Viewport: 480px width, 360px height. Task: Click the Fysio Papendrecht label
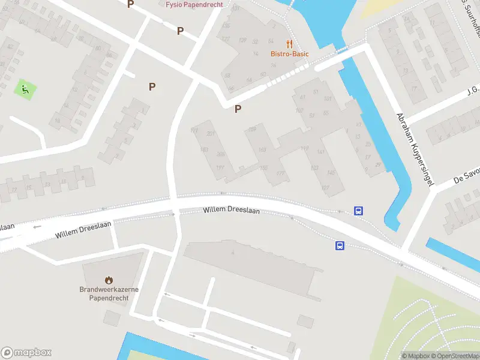click(194, 4)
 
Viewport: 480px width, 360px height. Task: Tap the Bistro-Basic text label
click(289, 54)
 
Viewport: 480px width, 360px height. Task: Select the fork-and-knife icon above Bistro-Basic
click(289, 44)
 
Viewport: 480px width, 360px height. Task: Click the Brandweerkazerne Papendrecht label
click(109, 293)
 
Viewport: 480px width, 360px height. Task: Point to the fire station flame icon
click(109, 280)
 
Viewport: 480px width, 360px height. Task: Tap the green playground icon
click(25, 90)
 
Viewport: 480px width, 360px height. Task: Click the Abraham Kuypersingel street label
click(415, 150)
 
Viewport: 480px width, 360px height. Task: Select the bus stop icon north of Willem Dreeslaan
click(358, 211)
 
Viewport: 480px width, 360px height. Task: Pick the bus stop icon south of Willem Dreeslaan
click(340, 245)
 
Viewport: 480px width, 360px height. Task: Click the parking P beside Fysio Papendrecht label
click(130, 4)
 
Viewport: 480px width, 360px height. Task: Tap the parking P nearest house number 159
click(238, 109)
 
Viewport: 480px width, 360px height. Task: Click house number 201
click(210, 133)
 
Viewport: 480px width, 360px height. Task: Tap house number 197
click(220, 167)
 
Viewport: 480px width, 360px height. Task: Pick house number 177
click(280, 173)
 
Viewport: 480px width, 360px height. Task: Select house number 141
click(320, 152)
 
